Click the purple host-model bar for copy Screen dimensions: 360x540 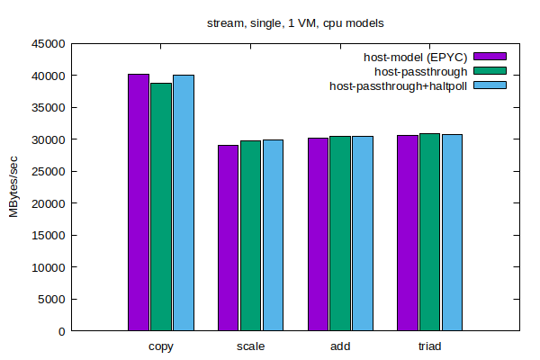(139, 202)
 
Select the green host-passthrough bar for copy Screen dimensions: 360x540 (161, 207)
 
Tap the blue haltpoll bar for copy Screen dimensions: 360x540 (184, 202)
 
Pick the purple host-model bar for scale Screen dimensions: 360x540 (228, 238)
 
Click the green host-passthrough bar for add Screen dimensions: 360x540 (339, 233)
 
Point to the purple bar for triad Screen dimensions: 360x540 (407, 233)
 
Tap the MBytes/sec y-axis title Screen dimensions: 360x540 (14, 187)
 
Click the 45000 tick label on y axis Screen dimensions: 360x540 (49, 43)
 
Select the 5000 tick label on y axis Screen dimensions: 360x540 (52, 299)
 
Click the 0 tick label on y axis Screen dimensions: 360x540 (62, 331)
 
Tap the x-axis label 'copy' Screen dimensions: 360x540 (161, 346)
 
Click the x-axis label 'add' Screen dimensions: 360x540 (339, 346)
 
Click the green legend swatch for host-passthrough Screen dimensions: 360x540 (490, 70)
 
